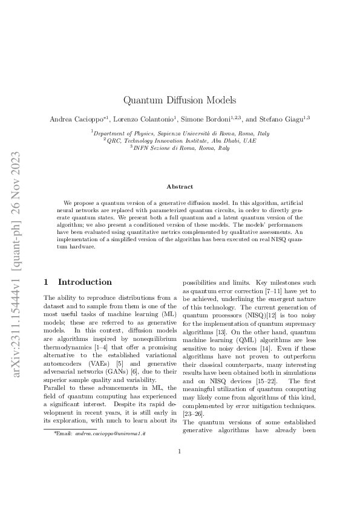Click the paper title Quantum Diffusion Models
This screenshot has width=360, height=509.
(180, 100)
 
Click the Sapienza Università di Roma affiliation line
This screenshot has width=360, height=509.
(180, 133)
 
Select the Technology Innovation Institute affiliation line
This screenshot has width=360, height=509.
(180, 140)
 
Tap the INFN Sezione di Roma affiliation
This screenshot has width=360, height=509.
(180, 148)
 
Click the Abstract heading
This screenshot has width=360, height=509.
(180, 187)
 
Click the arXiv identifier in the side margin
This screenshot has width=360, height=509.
(16, 254)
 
